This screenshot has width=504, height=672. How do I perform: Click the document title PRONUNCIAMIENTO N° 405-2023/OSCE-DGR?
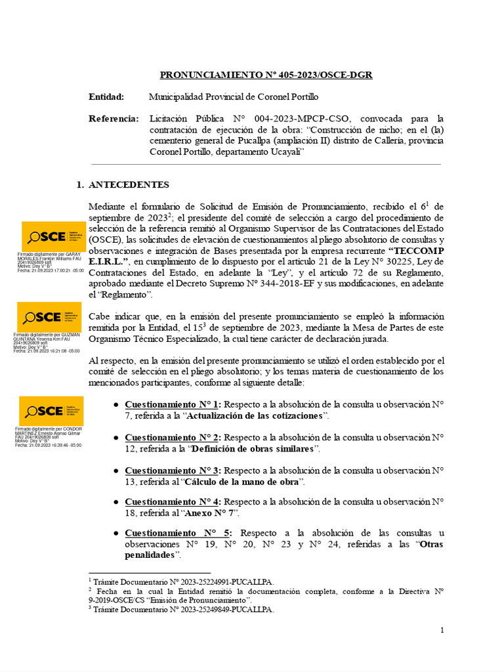[x=266, y=75]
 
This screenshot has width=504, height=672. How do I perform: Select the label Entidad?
[x=106, y=97]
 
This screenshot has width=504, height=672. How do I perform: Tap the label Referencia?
[x=114, y=119]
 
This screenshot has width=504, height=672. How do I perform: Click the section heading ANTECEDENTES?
[x=128, y=185]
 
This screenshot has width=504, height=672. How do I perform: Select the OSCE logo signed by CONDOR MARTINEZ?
[x=51, y=411]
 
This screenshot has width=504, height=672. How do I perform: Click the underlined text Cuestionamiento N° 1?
[x=173, y=404]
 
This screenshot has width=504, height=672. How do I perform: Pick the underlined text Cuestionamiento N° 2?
[x=173, y=437]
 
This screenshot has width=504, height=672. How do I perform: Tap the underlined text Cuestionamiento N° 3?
[x=173, y=471]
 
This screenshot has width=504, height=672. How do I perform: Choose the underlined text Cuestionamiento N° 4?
[x=173, y=501]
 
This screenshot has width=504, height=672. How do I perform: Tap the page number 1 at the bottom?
[x=442, y=631]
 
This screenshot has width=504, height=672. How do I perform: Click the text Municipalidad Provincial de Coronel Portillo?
[x=234, y=97]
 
